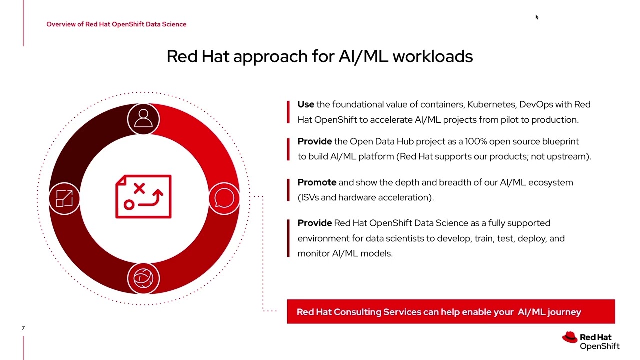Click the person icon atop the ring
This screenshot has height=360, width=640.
coord(143,119)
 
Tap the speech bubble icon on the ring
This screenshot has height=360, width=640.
coord(224,198)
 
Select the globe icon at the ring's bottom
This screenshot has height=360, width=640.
coord(143,278)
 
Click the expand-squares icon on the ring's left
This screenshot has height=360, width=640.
coord(64,198)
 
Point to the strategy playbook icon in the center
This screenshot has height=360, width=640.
coord(143,197)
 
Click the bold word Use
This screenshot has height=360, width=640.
coord(306,104)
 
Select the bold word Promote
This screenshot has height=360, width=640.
coord(317,182)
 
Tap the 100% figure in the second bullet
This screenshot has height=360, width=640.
coord(476,141)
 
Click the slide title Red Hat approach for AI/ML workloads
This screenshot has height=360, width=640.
coord(320,56)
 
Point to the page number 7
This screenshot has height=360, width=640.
coord(23,328)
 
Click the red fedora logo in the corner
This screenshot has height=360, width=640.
coord(569,338)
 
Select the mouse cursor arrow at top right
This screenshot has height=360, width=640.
coord(537,17)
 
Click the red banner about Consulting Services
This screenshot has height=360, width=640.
coord(450,312)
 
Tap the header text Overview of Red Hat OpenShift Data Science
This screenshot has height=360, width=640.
coord(116,24)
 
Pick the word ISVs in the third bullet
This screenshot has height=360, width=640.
coord(309,197)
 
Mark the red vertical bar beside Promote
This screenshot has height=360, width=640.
coord(288,190)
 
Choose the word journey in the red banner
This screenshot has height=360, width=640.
coord(564,312)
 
